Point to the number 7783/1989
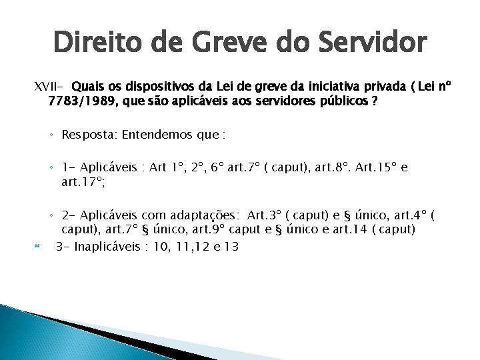coord(77,101)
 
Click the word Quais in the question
coord(87,87)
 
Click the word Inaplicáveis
coord(111,246)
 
